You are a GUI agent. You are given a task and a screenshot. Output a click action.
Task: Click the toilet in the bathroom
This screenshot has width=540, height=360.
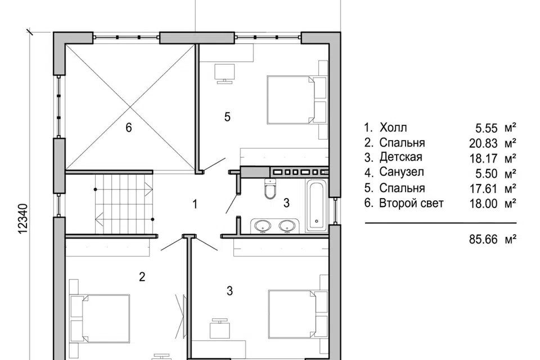271,188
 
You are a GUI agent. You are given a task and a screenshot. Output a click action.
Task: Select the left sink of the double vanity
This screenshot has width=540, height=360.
263,226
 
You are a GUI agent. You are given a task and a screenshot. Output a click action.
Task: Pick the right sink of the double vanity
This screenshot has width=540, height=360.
286,226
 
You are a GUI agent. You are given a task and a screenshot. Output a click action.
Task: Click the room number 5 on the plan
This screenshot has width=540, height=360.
227,117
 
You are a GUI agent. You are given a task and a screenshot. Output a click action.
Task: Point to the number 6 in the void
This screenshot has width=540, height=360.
128,128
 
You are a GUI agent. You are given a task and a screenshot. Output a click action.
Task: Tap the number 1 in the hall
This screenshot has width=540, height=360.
195,204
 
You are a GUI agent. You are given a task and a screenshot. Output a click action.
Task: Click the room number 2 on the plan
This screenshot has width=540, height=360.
142,277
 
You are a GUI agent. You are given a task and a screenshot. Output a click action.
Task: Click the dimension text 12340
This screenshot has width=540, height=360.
22,219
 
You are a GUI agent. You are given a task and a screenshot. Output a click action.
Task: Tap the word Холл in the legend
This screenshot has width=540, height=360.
393,128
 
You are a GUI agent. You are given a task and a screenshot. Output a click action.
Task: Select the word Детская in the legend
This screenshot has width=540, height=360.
401,157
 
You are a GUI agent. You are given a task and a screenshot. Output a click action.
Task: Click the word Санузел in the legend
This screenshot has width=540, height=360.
402,172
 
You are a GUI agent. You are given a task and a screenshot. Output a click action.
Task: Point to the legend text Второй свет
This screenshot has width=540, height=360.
411,203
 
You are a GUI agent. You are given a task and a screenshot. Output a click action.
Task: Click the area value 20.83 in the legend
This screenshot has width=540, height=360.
484,143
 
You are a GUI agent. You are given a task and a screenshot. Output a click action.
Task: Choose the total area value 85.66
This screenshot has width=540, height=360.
484,239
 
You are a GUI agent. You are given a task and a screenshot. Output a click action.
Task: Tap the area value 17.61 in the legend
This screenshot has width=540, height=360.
484,189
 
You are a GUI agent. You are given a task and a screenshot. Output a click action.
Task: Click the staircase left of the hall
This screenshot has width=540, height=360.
124,204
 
